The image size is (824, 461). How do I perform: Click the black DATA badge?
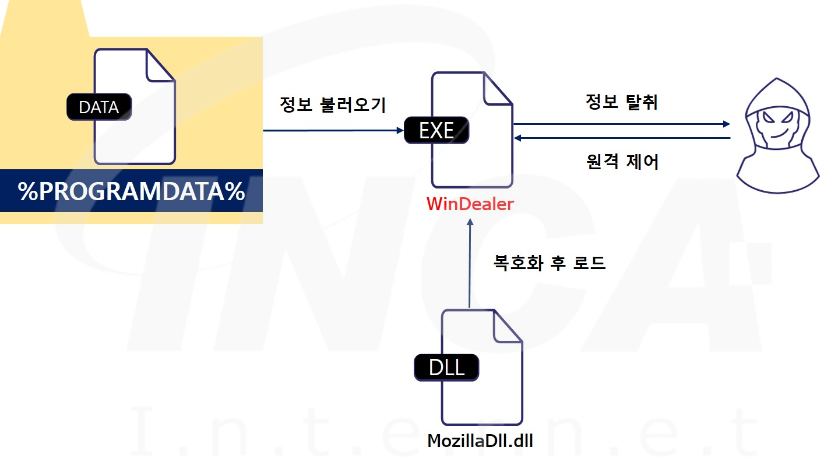99,107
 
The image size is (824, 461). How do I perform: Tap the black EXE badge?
436,130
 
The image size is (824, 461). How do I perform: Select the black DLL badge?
446,368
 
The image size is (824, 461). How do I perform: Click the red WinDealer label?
470,205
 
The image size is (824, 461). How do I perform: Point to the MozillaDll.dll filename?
480,441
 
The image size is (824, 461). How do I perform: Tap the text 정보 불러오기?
333,106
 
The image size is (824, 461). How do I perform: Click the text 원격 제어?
622,162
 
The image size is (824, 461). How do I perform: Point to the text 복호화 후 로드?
550,263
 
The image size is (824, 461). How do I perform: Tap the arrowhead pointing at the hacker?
726,124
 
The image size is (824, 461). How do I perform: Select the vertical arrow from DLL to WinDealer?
469,263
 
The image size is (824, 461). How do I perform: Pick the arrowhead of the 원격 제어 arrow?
517,138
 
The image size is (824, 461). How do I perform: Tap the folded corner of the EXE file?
497,89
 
